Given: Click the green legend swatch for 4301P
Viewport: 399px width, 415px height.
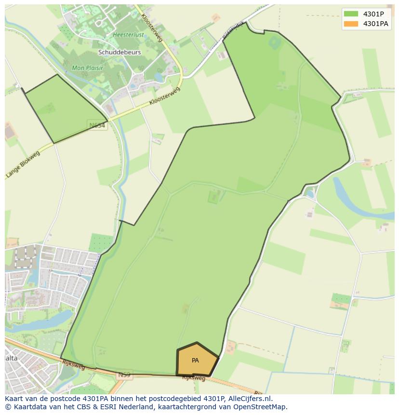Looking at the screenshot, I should coord(351,14).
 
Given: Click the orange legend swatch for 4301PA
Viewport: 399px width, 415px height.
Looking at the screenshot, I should coord(351,24).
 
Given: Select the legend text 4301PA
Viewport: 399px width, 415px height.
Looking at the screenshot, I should coord(375,24).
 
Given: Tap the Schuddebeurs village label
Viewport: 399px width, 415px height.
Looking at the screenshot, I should coord(120,52).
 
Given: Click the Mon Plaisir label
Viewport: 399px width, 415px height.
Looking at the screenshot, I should coord(87,68).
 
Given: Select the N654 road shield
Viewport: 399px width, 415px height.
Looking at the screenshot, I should coord(97,125).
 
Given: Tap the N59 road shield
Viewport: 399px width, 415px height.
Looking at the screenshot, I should coord(124,375).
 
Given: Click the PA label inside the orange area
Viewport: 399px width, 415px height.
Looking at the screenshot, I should coord(195,361).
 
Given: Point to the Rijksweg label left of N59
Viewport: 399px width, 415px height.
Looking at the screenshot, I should coord(73,365).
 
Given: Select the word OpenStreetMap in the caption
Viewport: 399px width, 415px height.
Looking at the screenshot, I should coord(261,407).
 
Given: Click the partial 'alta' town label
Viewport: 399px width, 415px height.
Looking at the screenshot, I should coord(11,358).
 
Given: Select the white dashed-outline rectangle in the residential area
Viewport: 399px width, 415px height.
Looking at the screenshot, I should coord(25,256).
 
